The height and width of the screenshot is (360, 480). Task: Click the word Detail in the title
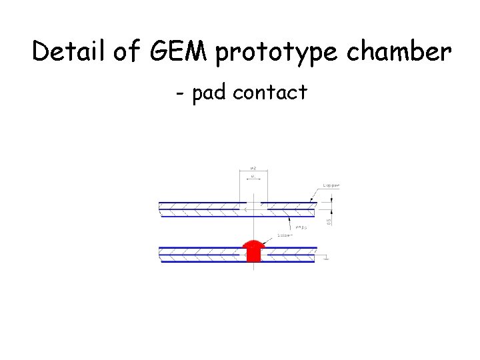68,51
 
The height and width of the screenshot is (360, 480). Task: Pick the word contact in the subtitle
270,92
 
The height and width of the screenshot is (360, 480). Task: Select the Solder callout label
287,235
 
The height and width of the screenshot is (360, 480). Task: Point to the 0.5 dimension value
329,220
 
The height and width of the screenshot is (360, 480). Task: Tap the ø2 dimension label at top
253,169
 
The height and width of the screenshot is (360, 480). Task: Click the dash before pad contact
180,93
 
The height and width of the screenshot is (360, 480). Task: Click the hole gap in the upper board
253,202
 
